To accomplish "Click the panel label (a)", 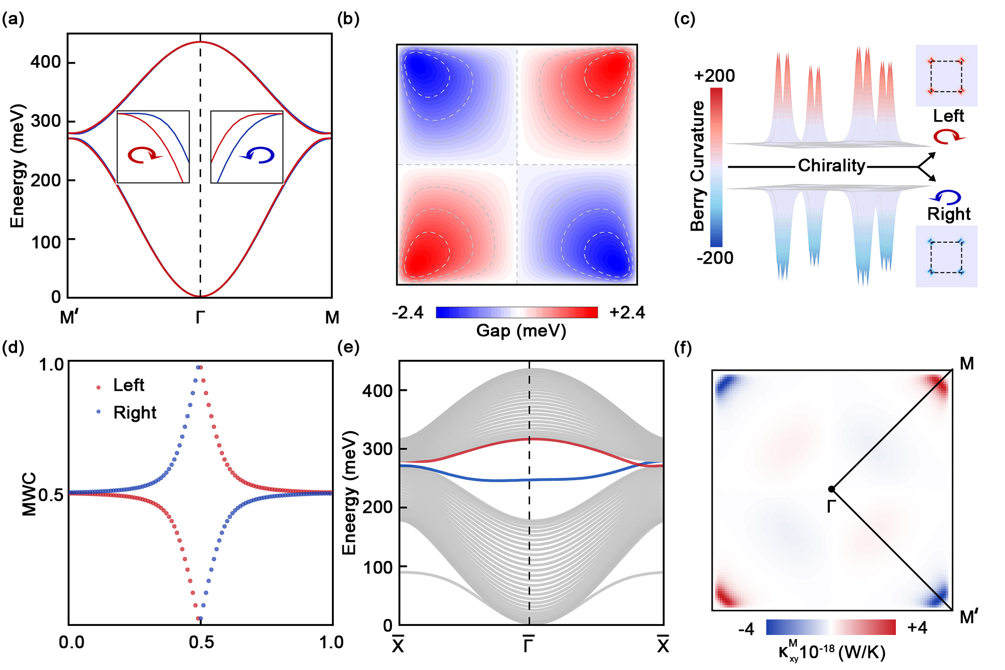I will [13, 19].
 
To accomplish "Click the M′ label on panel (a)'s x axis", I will [69, 317].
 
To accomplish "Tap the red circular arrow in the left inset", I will [144, 155].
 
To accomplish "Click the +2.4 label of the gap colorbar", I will [627, 313].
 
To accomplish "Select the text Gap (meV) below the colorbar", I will [521, 331].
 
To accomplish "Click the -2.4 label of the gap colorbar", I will [407, 313].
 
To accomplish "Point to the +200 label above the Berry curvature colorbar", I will [714, 76].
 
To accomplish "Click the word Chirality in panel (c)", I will [831, 166].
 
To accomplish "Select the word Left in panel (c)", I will [948, 116].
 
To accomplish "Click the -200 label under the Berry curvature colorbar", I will [715, 258].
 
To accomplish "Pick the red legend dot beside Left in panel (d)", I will [98, 387].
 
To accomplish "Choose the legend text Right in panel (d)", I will [135, 413].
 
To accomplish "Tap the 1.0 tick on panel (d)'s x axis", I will [331, 642].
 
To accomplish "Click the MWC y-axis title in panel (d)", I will [30, 494].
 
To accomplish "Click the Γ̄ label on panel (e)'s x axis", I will [529, 645].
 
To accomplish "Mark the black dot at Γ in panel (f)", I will [831, 489].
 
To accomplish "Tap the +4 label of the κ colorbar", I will [917, 627].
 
